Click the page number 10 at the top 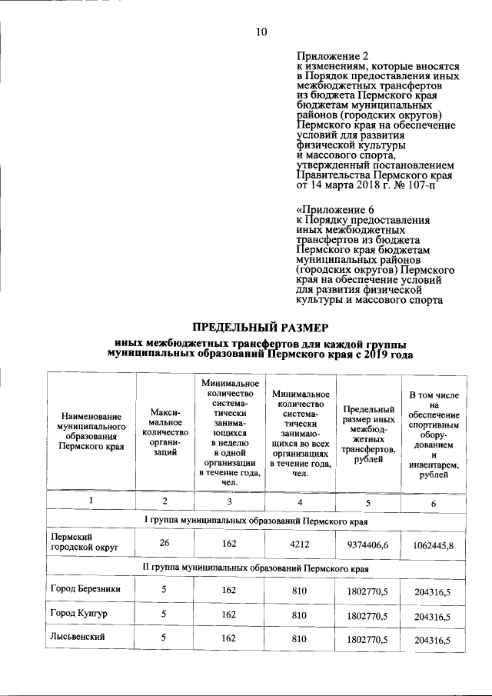pos(261,32)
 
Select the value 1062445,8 pos(433,546)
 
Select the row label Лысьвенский pos(78,637)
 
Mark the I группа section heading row pos(256,521)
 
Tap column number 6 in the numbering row pos(433,503)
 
